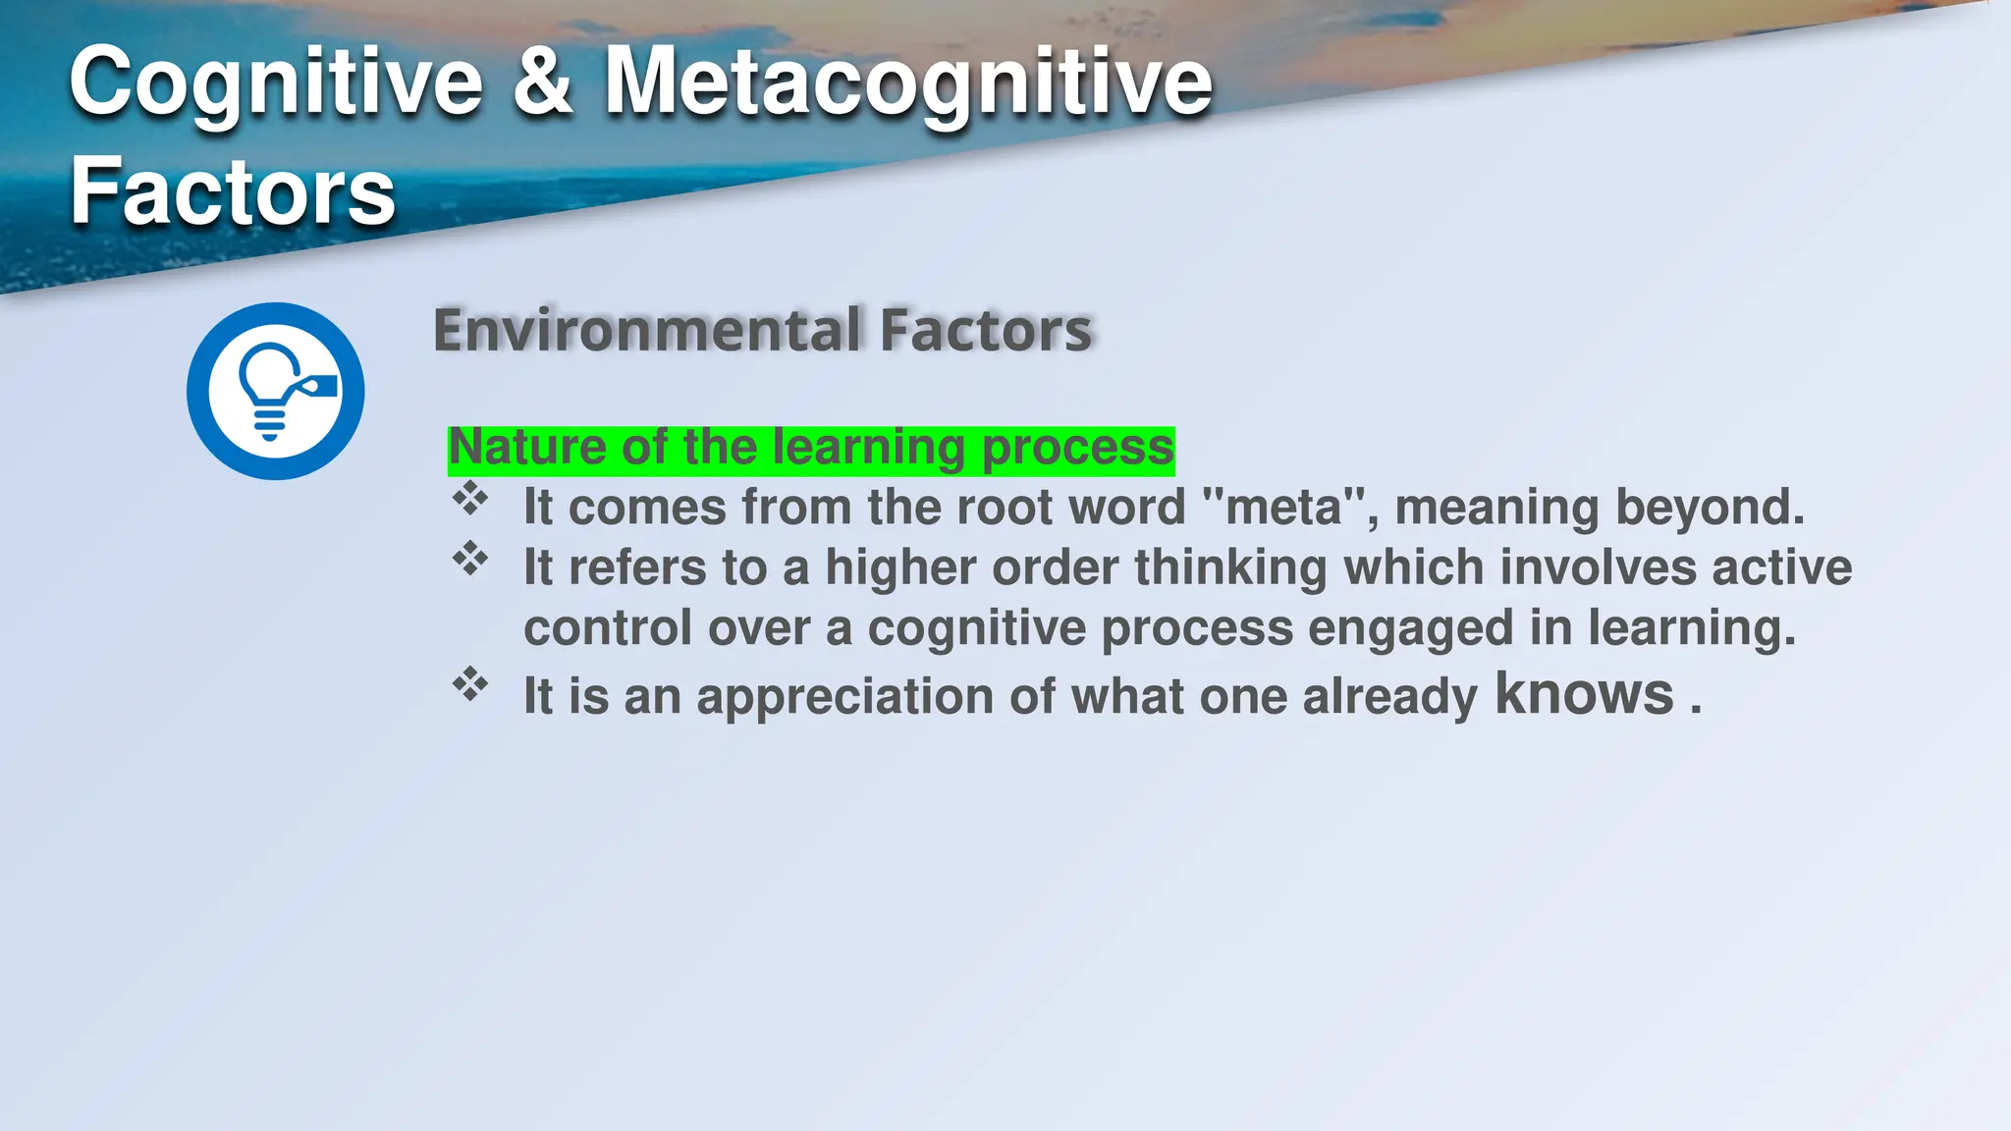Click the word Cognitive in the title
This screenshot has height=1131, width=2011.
point(276,83)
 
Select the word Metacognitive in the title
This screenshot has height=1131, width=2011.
point(908,83)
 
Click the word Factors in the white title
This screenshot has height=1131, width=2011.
point(233,191)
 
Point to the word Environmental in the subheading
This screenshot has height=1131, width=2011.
point(647,330)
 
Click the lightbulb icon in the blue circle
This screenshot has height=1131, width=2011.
point(274,391)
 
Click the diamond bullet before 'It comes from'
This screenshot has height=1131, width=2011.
point(470,499)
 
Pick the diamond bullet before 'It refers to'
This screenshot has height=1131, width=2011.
point(470,559)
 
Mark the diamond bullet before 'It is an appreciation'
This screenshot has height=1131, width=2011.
point(470,684)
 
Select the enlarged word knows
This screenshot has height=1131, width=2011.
point(1584,694)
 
